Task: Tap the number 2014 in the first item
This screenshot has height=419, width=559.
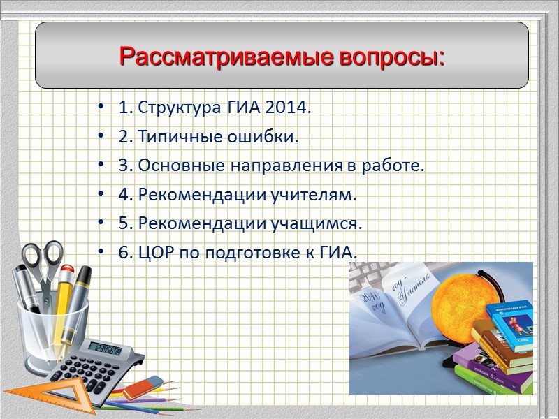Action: coord(289,109)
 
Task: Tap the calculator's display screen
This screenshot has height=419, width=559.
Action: coord(107,350)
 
